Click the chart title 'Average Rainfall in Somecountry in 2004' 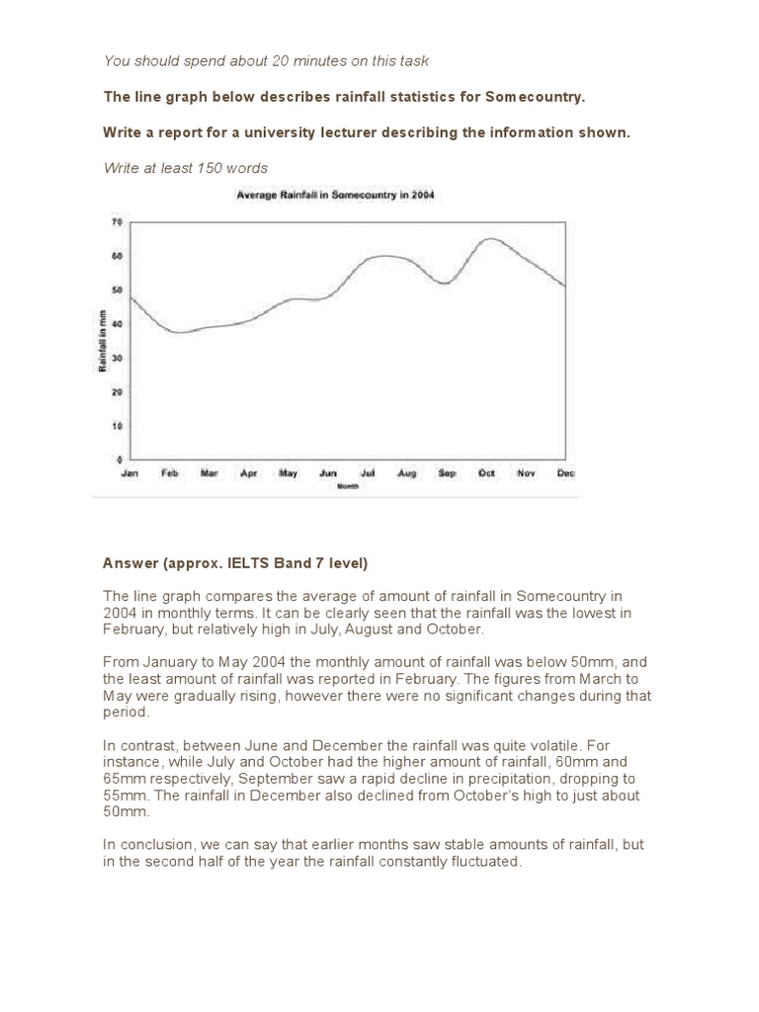point(335,196)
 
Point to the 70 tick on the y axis point(117,222)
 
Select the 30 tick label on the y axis point(117,358)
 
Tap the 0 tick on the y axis point(119,460)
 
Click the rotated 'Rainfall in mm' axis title point(102,341)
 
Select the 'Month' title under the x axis point(347,486)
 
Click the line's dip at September point(446,284)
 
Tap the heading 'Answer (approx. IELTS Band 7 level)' point(235,563)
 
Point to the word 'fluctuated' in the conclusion point(481,861)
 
